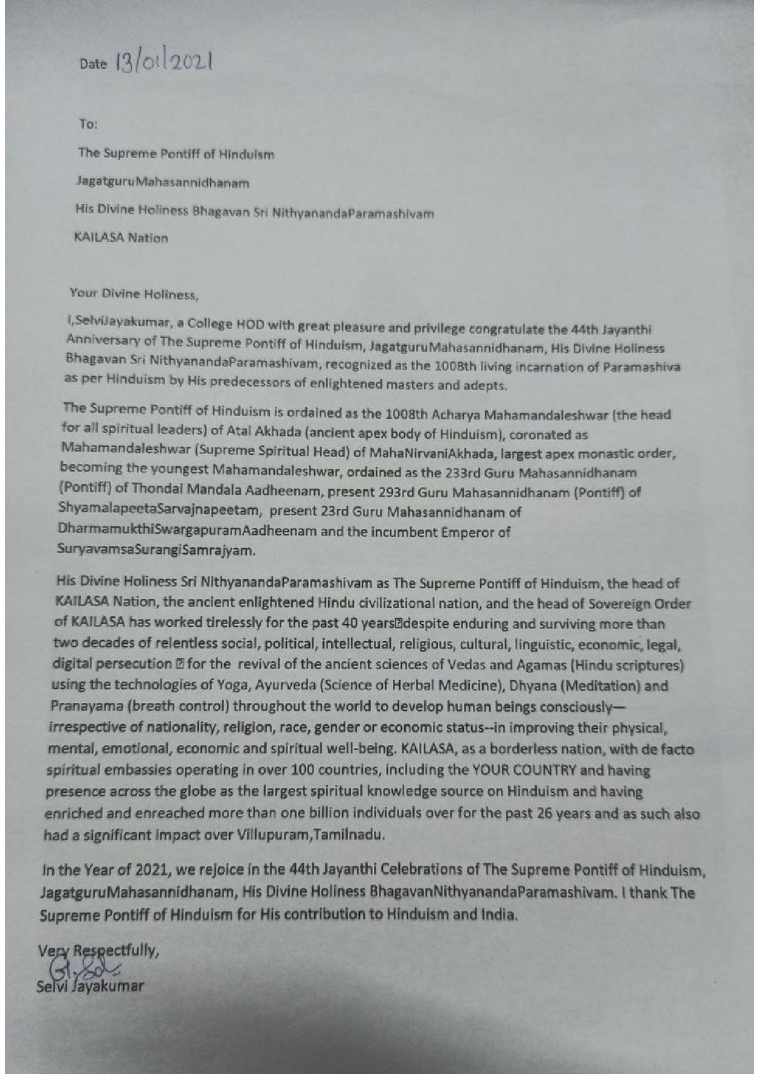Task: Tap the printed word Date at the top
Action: (93, 65)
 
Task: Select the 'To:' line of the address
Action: (88, 124)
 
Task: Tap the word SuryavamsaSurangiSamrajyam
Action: (156, 550)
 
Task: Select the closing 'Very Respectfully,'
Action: (98, 951)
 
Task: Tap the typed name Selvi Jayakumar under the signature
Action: (90, 985)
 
